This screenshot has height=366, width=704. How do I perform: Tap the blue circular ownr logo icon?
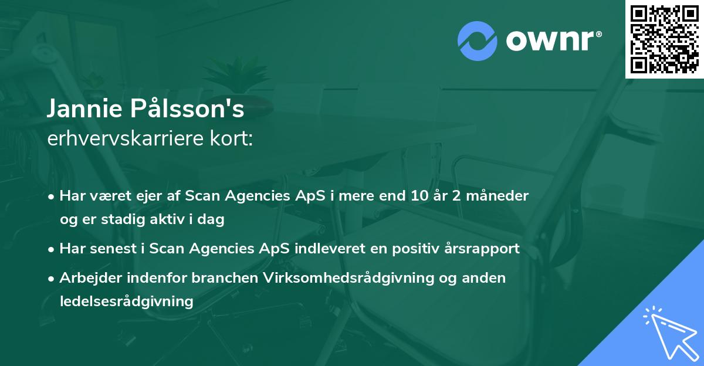[x=478, y=40]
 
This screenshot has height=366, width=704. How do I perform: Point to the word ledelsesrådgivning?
[x=126, y=301]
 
